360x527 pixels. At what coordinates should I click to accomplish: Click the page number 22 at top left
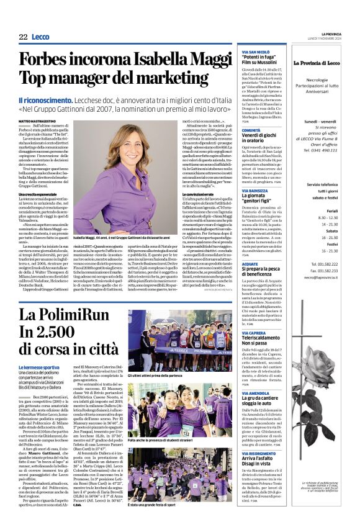(23, 37)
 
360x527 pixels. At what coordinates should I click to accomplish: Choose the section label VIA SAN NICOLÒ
(255, 50)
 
